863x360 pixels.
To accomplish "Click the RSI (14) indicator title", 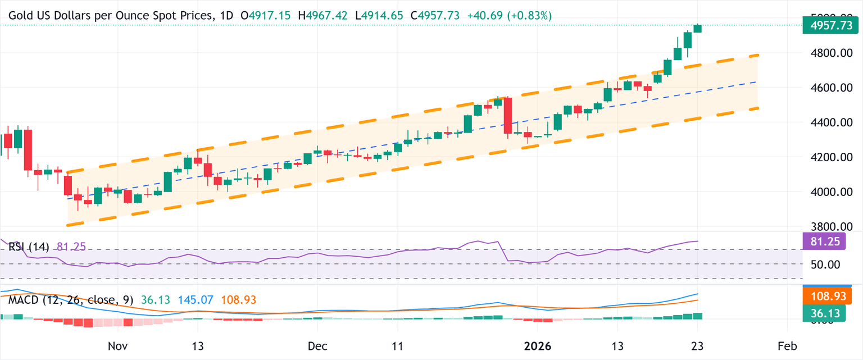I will [29, 247].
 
